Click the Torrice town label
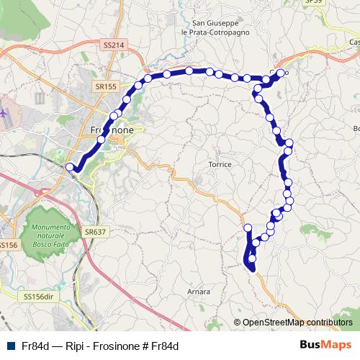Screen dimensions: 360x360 [220, 164]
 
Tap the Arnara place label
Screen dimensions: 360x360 [198, 292]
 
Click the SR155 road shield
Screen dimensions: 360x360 [105, 86]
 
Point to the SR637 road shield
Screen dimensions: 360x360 [94, 232]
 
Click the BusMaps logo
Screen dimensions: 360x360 [325, 344]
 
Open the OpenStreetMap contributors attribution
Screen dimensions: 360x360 [297, 323]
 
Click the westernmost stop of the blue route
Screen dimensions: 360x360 [70, 167]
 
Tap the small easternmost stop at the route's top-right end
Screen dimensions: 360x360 [286, 73]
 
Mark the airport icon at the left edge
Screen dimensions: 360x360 [4, 113]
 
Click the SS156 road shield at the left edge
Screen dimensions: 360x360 [7, 246]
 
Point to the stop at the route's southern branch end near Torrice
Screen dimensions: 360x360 [248, 228]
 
